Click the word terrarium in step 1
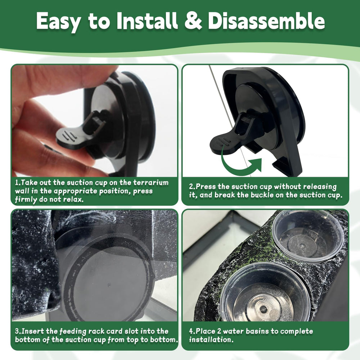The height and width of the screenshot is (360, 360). click(x=151, y=183)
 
